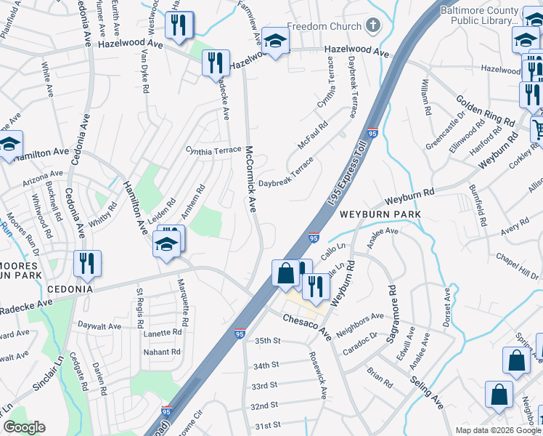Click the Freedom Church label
point(324,27)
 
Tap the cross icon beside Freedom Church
point(372,26)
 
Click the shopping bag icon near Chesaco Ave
point(286,273)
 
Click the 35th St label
point(266,340)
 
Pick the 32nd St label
point(264,405)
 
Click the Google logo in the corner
point(25,427)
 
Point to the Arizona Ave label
point(42,175)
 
